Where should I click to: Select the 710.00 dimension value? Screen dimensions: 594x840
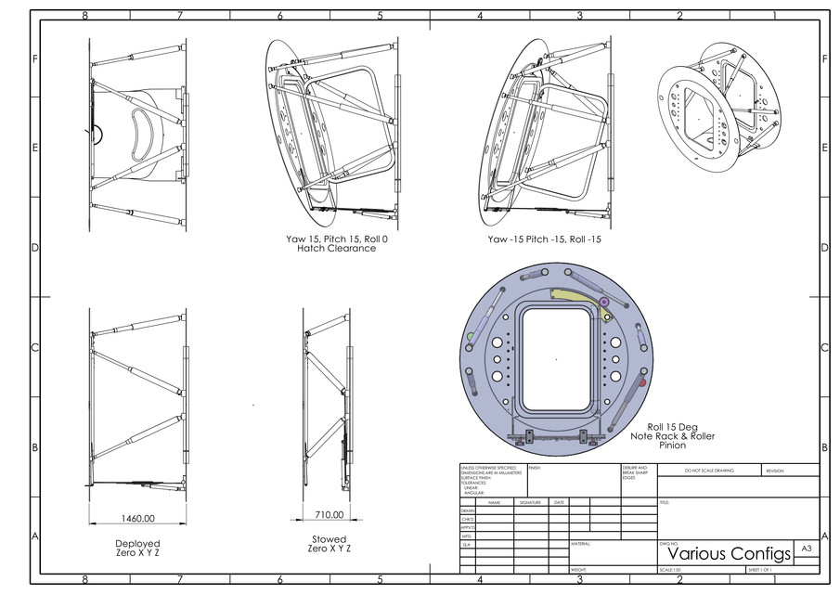[329, 514]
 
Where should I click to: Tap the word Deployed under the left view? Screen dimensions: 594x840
[137, 544]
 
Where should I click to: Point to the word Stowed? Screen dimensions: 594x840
[330, 539]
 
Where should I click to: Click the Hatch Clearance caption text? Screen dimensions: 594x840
[336, 248]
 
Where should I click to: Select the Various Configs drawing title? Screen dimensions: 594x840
[723, 553]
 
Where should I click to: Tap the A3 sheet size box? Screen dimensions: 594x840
[806, 549]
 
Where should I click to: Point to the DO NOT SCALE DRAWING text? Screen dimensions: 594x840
[709, 471]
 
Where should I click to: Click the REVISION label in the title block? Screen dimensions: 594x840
[775, 471]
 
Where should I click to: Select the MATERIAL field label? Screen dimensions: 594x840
[582, 544]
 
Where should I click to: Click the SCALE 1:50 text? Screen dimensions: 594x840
[670, 570]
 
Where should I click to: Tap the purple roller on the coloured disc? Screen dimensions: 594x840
[604, 302]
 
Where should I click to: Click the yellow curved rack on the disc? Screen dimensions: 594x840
[576, 296]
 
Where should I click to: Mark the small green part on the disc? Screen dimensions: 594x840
[472, 335]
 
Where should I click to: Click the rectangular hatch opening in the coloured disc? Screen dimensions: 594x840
[556, 357]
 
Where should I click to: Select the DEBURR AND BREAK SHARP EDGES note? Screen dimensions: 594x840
[636, 473]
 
